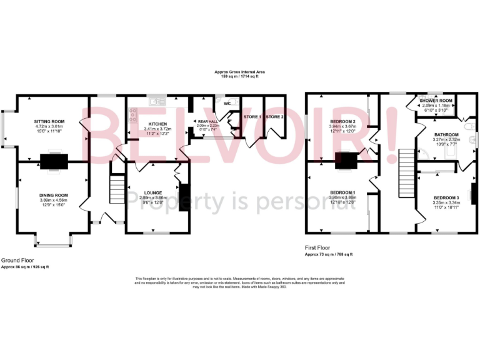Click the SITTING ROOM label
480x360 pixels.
coord(49,121)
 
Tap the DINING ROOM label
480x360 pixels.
coord(53,195)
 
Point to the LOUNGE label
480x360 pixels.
coord(152,192)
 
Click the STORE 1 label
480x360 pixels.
coord(251,117)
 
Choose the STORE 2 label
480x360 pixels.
coord(274,117)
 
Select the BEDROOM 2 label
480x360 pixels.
coord(342,121)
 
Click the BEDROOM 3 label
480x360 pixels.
coord(446,197)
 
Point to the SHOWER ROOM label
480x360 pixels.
coord(436,101)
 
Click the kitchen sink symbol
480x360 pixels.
coord(155,100)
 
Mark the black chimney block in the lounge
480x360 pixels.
coord(183,197)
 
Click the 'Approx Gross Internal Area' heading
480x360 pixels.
coord(239,72)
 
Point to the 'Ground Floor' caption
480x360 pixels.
coord(17,260)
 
